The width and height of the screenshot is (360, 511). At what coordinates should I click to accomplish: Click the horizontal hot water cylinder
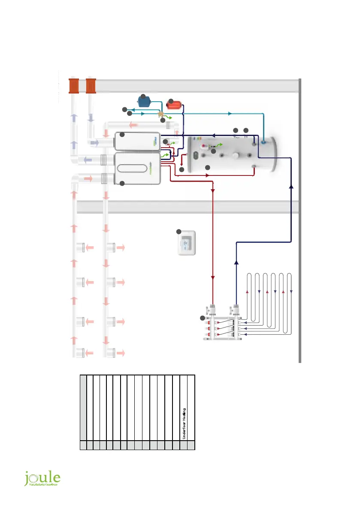click(x=232, y=154)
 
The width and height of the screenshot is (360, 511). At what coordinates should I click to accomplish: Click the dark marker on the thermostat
click(x=179, y=232)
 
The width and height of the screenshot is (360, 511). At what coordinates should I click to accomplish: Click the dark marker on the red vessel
click(x=170, y=101)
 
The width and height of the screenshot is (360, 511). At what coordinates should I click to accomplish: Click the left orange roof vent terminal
click(x=74, y=85)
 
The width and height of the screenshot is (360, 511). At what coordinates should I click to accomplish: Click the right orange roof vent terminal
click(x=91, y=85)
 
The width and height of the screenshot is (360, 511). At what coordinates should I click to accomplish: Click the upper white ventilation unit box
click(x=136, y=142)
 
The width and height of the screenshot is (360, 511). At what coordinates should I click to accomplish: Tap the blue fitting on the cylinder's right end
click(x=263, y=140)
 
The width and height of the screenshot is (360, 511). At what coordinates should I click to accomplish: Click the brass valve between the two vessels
click(x=161, y=115)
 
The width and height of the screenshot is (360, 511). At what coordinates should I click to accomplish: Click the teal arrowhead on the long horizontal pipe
click(x=230, y=114)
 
